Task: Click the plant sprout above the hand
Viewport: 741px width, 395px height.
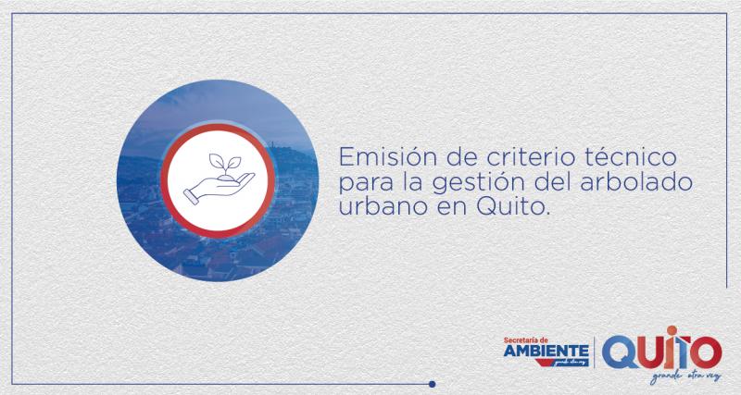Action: coord(220,164)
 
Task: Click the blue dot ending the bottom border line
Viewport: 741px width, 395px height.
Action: coord(431,382)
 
